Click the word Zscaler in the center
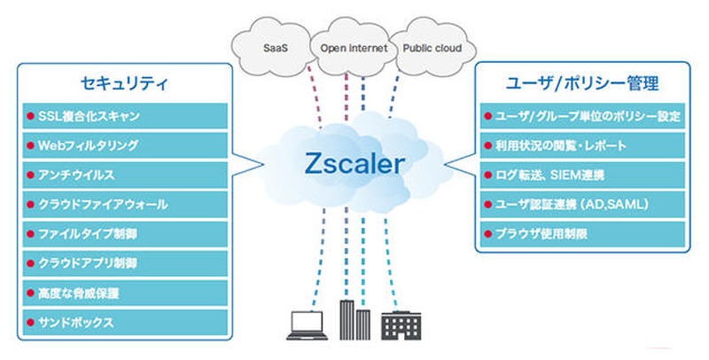click(354, 163)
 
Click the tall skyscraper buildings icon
click(353, 320)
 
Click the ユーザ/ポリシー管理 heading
click(580, 85)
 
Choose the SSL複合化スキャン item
click(124, 115)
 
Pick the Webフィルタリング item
click(124, 145)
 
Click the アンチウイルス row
click(124, 175)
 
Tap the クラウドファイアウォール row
click(124, 205)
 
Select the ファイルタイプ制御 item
click(124, 234)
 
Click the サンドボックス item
click(124, 323)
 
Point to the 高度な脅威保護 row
click(124, 293)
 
